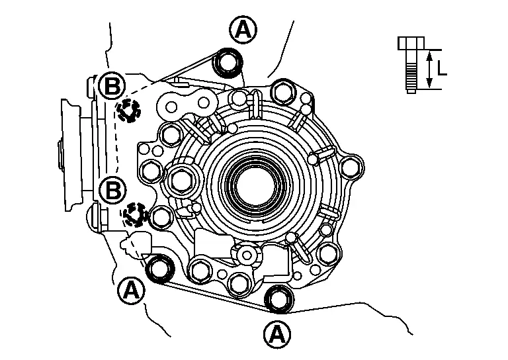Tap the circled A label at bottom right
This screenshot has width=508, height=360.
(x=277, y=334)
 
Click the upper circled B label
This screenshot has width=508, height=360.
(x=112, y=85)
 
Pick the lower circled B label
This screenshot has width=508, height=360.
(x=113, y=191)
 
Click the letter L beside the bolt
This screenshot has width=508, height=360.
(x=442, y=67)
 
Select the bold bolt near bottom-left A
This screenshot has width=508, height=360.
(x=159, y=269)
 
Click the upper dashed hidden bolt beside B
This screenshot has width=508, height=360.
(x=128, y=111)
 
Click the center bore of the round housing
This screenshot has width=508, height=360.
(x=255, y=179)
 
